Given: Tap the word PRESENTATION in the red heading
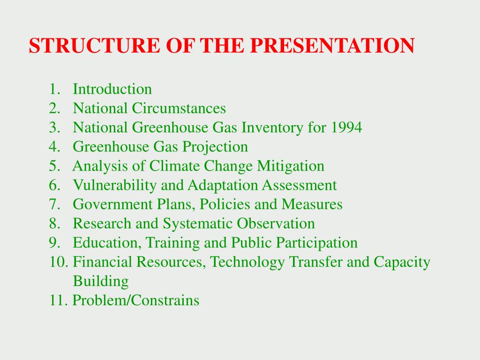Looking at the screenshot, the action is pyautogui.click(x=332, y=45).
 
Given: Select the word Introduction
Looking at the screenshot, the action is pyautogui.click(x=112, y=89).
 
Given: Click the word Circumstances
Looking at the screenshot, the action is pyautogui.click(x=179, y=108).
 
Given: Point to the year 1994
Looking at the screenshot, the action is pyautogui.click(x=346, y=127).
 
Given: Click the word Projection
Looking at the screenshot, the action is pyautogui.click(x=215, y=147).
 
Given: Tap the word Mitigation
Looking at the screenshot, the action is pyautogui.click(x=291, y=166).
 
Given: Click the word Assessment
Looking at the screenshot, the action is pyautogui.click(x=299, y=185).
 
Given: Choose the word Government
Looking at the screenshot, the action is pyautogui.click(x=112, y=204).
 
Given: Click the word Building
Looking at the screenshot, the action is pyautogui.click(x=101, y=282).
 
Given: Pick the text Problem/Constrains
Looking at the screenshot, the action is pyautogui.click(x=136, y=300).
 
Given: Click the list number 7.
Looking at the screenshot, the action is pyautogui.click(x=54, y=204).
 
